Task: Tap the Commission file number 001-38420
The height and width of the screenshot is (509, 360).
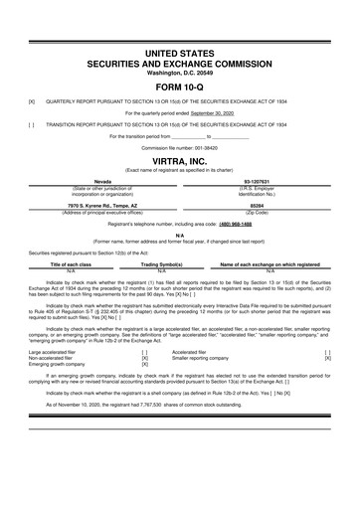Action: pyautogui.click(x=211, y=146)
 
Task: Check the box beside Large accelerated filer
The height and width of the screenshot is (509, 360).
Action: pyautogui.click(x=145, y=351)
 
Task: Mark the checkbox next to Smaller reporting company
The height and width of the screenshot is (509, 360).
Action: pyautogui.click(x=327, y=358)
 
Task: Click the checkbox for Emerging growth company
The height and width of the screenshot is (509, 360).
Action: pyautogui.click(x=145, y=365)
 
